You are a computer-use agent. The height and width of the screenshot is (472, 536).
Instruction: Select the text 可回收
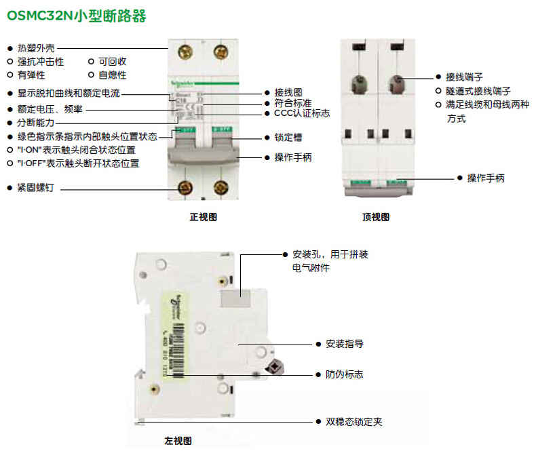pyautogui.click(x=112, y=62)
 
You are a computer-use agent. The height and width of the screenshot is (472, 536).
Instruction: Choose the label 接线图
pyautogui.click(x=288, y=92)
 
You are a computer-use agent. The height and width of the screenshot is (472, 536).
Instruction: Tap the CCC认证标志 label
pyautogui.click(x=302, y=113)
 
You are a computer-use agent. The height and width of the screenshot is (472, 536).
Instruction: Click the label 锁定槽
pyautogui.click(x=288, y=137)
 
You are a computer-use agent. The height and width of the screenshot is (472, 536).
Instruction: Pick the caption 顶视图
pyautogui.click(x=376, y=218)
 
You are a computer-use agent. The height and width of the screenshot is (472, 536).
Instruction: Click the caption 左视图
pyautogui.click(x=178, y=441)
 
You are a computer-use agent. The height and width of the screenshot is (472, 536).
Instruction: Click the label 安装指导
pyautogui.click(x=344, y=344)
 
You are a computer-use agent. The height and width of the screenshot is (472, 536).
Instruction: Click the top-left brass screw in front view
pyautogui.click(x=184, y=52)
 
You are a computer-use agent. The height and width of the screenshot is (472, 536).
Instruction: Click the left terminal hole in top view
pyautogui.click(x=358, y=84)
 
